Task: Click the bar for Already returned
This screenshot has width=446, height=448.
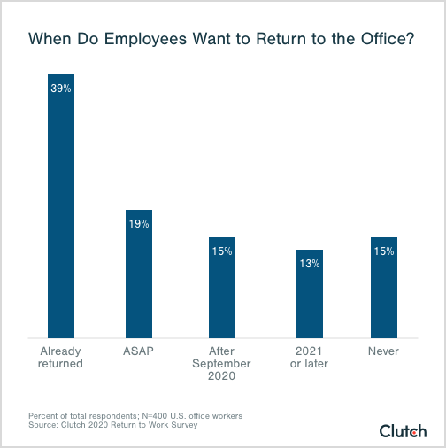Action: (60, 212)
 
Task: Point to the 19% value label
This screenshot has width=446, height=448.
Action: (139, 224)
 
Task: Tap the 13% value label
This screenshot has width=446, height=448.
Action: (309, 264)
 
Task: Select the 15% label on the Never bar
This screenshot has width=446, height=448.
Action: (383, 251)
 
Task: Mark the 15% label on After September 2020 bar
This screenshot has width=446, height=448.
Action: (222, 251)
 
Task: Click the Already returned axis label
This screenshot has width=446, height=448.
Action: (60, 358)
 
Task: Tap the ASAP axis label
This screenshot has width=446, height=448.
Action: (139, 351)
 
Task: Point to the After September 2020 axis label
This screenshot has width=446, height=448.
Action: (222, 364)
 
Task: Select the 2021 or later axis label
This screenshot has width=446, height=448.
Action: (309, 358)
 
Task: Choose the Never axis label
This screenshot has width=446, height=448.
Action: (383, 351)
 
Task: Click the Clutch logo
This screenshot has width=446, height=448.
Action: (403, 431)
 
